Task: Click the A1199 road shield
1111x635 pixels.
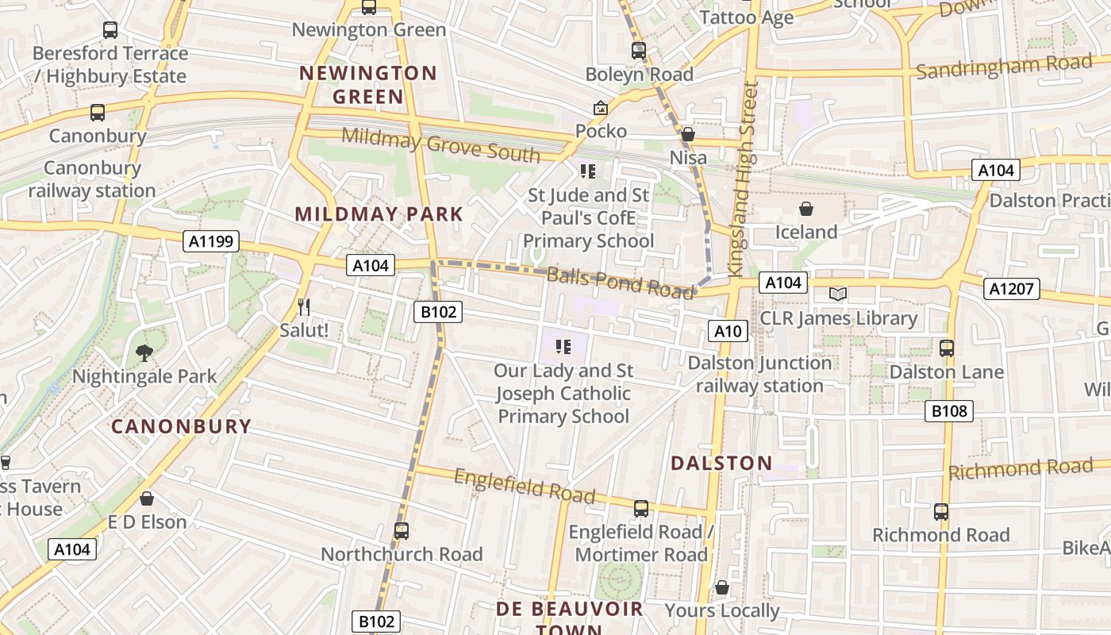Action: [x=211, y=241]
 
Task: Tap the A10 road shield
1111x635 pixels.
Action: [x=727, y=331]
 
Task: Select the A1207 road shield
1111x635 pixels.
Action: [x=1010, y=289]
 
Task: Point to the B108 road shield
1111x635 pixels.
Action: [x=948, y=410]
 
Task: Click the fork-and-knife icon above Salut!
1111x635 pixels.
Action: [x=303, y=306]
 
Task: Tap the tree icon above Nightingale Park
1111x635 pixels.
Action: [x=144, y=352]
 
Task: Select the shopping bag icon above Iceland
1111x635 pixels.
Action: [x=806, y=209]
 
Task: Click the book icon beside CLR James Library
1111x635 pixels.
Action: [x=838, y=294]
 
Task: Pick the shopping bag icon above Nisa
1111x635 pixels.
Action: [x=688, y=134]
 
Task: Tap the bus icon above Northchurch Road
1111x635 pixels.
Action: [x=402, y=530]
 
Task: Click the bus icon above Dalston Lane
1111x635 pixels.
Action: [x=946, y=348]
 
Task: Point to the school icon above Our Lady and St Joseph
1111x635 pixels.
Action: [x=563, y=346]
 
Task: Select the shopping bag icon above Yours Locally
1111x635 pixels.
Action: [x=721, y=587]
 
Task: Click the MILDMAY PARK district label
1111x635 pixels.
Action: [x=379, y=214]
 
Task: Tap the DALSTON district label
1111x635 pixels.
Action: [x=721, y=464]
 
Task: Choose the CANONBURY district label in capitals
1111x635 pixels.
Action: [x=181, y=426]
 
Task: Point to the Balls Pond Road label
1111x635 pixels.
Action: [x=620, y=282]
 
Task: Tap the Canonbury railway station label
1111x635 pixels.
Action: [x=92, y=179]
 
